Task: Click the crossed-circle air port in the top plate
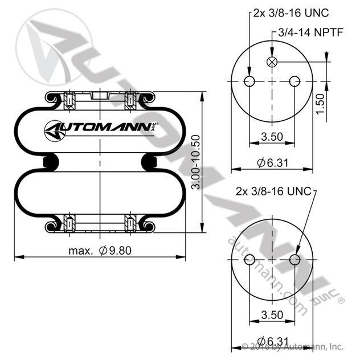click(x=272, y=62)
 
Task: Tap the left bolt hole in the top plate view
click(x=249, y=81)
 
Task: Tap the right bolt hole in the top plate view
click(x=294, y=81)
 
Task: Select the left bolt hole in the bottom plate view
click(x=249, y=260)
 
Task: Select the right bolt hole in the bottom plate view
click(x=294, y=260)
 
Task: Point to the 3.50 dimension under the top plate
click(x=272, y=137)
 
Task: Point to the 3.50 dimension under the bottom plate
click(x=272, y=314)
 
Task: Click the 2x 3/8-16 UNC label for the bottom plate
click(x=273, y=192)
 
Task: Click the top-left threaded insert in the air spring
click(x=69, y=101)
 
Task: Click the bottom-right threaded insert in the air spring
click(x=130, y=223)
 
